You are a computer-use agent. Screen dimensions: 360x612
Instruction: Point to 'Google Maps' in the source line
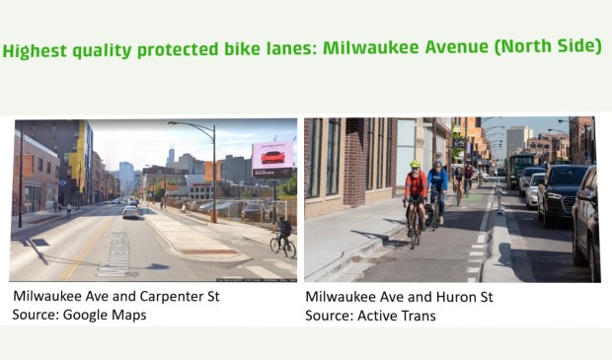[112, 314]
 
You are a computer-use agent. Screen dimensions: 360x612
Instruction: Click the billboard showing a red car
[271, 157]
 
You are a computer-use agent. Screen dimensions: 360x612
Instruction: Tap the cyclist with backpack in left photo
[283, 233]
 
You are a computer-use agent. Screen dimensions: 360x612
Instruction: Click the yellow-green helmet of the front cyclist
[416, 165]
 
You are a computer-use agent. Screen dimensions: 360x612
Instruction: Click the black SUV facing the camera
[561, 192]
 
